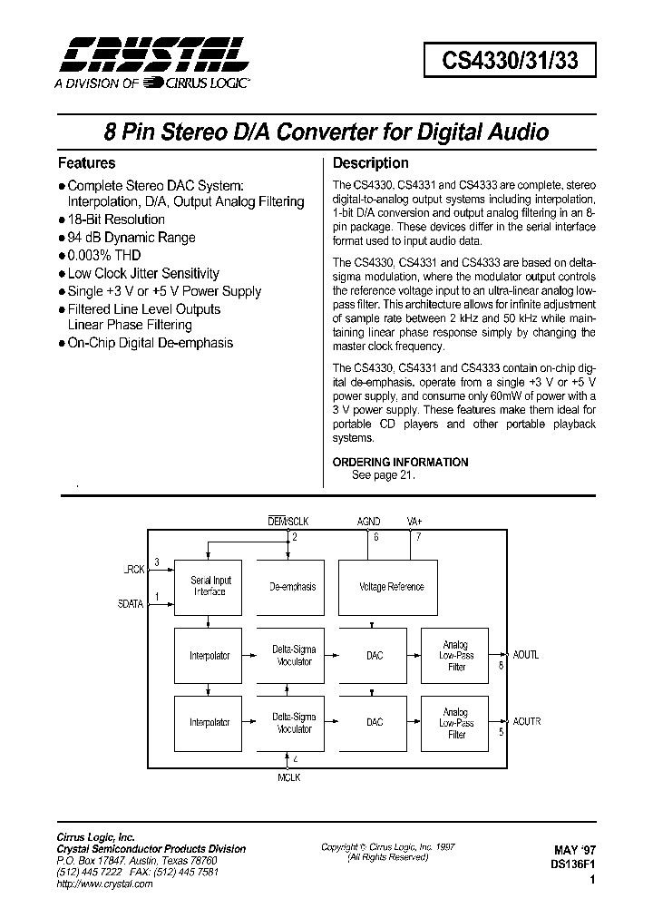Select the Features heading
point(86,163)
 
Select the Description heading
point(371,163)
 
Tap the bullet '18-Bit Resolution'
point(115,220)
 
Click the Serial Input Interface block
point(210,586)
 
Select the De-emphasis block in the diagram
point(293,587)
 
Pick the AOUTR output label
point(526,722)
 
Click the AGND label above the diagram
point(369,522)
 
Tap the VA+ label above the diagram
point(415,522)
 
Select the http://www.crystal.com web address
point(104,884)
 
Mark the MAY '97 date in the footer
point(575,851)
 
